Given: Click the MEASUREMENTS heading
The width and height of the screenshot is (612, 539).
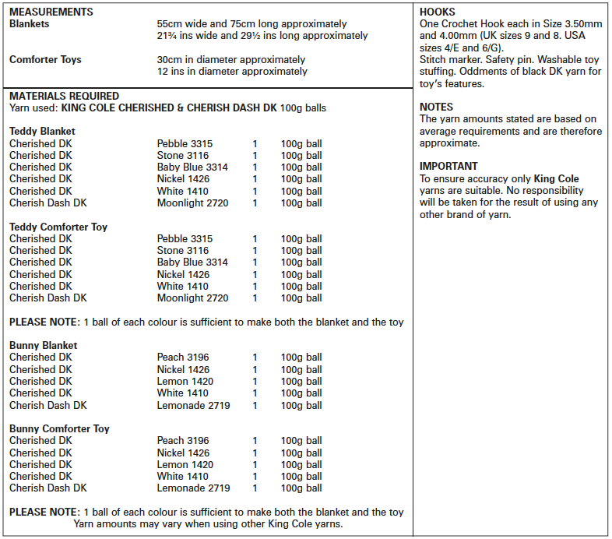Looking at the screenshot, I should pyautogui.click(x=51, y=12).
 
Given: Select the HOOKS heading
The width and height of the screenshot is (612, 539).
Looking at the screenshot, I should pyautogui.click(x=438, y=12).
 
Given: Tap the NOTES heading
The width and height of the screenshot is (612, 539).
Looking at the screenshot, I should pyautogui.click(x=436, y=107).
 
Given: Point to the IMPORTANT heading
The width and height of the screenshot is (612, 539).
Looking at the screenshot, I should pyautogui.click(x=448, y=166).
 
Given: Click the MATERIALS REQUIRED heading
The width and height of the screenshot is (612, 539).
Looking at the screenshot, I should pyautogui.click(x=64, y=96).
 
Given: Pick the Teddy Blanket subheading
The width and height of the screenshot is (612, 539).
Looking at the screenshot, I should pyautogui.click(x=42, y=132).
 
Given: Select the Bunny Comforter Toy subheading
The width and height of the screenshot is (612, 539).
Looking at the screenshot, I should pyautogui.click(x=59, y=429).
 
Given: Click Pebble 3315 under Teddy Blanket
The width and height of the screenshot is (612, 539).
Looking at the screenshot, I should pyautogui.click(x=185, y=144).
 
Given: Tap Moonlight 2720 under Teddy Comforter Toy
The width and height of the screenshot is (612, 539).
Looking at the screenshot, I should pyautogui.click(x=192, y=298).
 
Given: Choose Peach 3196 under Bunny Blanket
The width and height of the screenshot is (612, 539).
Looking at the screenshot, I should pyautogui.click(x=183, y=358).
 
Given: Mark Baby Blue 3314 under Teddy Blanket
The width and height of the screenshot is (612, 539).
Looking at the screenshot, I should pyautogui.click(x=192, y=167).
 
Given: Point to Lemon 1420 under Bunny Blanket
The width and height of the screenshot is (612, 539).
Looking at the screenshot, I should pyautogui.click(x=185, y=382).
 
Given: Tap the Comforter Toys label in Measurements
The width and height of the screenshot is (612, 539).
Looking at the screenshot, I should pyautogui.click(x=45, y=60).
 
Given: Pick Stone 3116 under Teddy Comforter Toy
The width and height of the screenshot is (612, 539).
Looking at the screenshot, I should pyautogui.click(x=182, y=251).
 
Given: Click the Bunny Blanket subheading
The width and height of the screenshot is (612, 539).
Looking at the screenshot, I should pyautogui.click(x=43, y=346).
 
